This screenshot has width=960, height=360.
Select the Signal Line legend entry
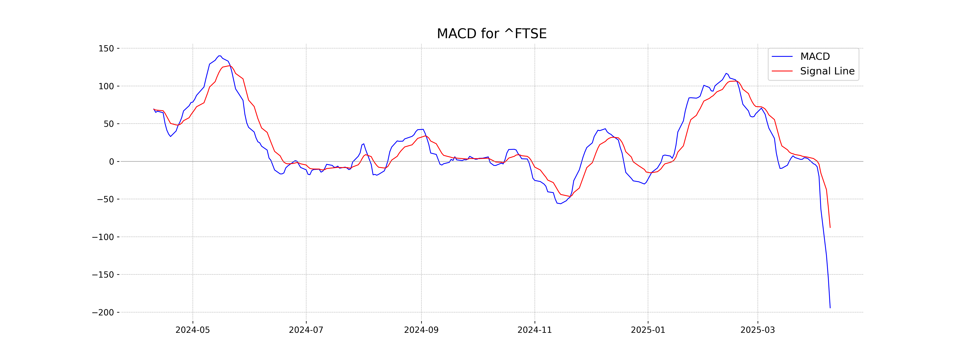pyautogui.click(x=827, y=71)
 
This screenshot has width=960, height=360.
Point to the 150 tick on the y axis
pyautogui.click(x=106, y=48)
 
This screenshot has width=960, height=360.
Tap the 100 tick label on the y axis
pyautogui.click(x=106, y=86)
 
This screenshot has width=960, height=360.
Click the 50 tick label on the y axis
pyautogui.click(x=109, y=124)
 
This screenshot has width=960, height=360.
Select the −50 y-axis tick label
pyautogui.click(x=105, y=199)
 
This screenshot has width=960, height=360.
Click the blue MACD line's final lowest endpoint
pyautogui.click(x=830, y=308)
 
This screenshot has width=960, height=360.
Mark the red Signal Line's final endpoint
pyautogui.click(x=830, y=227)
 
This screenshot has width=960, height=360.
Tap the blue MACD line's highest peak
pyautogui.click(x=220, y=56)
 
